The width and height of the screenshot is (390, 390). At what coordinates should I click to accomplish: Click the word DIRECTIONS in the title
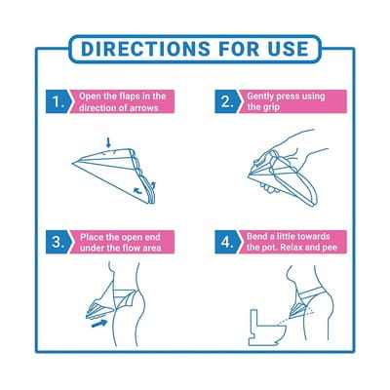click(x=145, y=49)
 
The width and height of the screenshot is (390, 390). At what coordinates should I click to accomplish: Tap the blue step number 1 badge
click(x=58, y=101)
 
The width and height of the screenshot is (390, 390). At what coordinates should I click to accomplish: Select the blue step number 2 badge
click(x=228, y=101)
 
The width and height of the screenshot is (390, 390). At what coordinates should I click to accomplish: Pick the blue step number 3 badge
click(x=58, y=242)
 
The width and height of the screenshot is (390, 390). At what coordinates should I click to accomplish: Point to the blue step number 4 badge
click(x=228, y=242)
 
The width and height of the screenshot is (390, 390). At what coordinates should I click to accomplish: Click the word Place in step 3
click(x=91, y=237)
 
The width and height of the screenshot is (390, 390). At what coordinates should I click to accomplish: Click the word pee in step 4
click(x=330, y=248)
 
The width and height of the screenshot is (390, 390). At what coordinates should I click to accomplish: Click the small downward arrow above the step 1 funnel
click(x=108, y=142)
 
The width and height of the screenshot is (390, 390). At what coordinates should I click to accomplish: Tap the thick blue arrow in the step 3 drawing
click(x=99, y=323)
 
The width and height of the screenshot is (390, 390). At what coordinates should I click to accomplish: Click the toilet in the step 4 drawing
click(x=267, y=328)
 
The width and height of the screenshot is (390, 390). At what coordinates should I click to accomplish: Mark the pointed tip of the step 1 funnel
click(x=72, y=162)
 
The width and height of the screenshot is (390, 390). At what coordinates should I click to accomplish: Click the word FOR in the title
click(x=239, y=49)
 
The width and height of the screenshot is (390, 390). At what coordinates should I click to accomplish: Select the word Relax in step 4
click(x=292, y=248)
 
